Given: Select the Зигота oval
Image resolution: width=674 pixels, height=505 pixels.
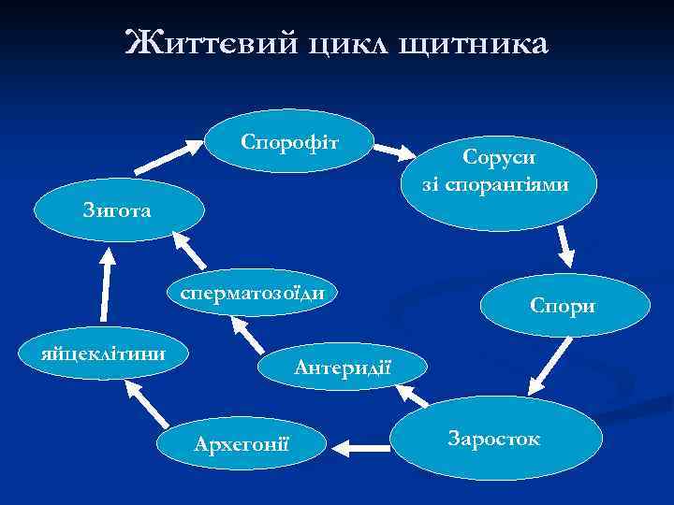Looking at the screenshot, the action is (x=120, y=213).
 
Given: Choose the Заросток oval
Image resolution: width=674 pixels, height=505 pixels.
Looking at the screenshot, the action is (x=494, y=438).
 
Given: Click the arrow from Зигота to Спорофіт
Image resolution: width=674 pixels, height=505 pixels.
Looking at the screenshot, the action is (x=168, y=157).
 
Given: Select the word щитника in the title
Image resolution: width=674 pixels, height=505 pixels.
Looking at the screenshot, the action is (x=476, y=43).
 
